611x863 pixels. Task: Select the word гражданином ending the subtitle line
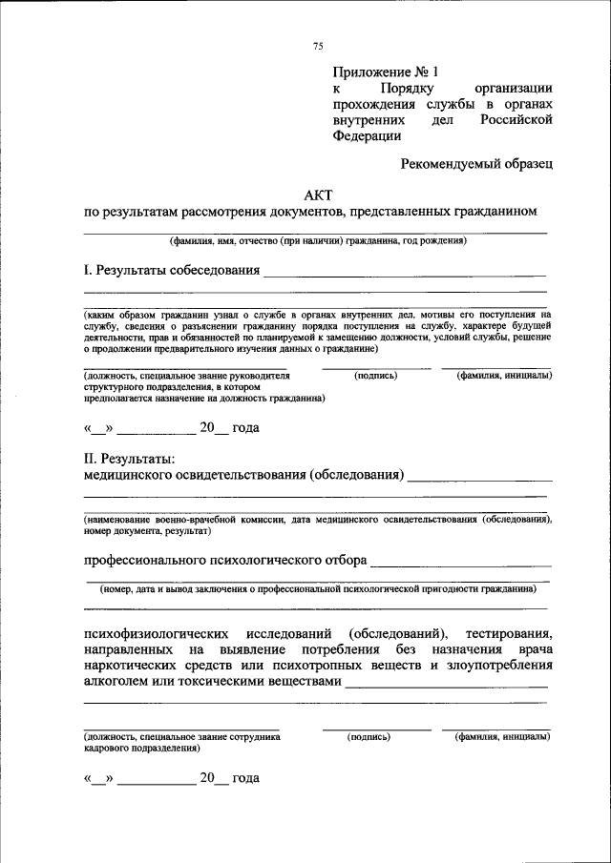[497, 210]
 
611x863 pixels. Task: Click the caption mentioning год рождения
[318, 241]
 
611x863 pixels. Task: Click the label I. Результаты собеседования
[172, 270]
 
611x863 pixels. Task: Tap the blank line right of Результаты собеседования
[405, 274]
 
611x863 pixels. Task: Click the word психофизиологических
[157, 633]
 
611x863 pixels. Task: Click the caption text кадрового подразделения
[139, 750]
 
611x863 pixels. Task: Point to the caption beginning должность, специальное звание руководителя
[185, 376]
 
